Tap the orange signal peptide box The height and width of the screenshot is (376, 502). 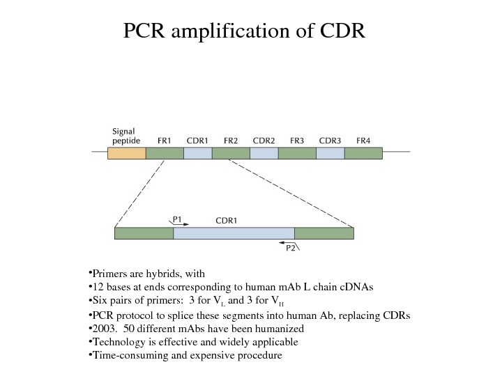[126, 153]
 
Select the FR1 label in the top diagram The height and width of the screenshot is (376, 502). [165, 140]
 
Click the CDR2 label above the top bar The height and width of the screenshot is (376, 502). [264, 140]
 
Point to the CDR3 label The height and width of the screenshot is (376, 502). [330, 140]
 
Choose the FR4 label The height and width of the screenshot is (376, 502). [363, 140]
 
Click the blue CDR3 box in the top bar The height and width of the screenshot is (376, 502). [330, 153]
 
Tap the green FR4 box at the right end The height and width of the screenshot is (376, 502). [363, 153]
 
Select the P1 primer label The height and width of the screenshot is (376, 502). [177, 219]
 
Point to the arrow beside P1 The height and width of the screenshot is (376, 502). [181, 224]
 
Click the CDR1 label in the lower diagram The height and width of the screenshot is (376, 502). [227, 220]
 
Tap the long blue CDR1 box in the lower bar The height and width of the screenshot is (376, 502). [234, 233]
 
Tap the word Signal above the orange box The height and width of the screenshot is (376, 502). [124, 130]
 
